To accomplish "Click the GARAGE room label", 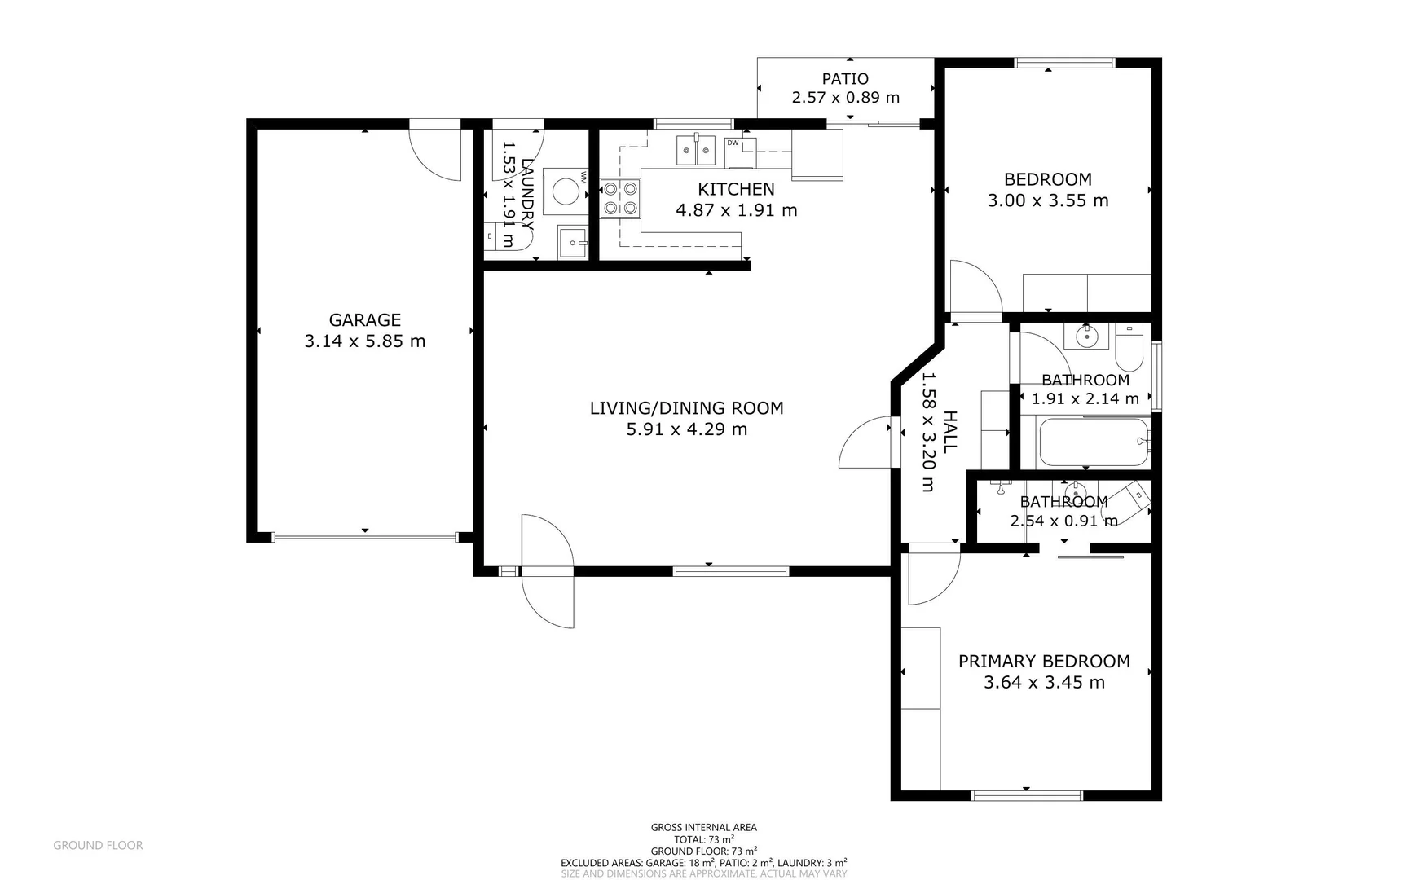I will click(x=364, y=320).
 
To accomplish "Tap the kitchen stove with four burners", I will click(x=620, y=199).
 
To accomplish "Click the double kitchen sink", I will click(x=695, y=150).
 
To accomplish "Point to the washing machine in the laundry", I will click(x=565, y=191).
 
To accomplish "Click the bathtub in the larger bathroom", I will click(x=1094, y=442).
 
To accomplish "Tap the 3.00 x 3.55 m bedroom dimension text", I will click(x=1047, y=200).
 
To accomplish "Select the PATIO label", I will click(x=845, y=79).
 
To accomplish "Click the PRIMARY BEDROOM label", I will click(x=1044, y=661).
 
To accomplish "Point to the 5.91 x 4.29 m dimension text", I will click(x=686, y=429).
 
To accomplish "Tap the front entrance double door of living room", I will click(x=548, y=570).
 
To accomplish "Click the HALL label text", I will click(x=949, y=432).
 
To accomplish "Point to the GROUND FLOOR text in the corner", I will click(x=98, y=845).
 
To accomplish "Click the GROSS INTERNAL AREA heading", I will click(x=703, y=827).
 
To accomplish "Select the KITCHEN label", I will click(x=736, y=189).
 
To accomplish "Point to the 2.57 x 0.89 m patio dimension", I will click(x=845, y=98).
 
